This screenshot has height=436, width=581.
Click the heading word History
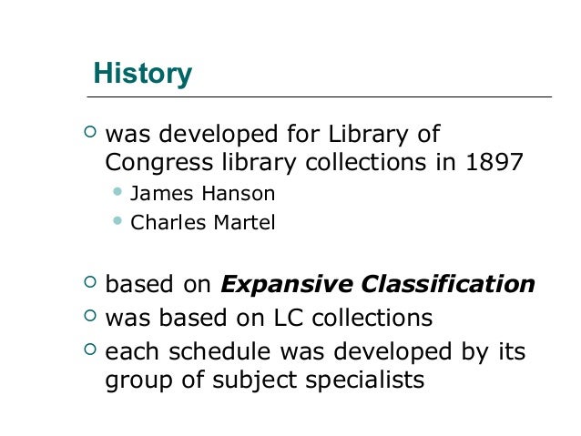coord(144,74)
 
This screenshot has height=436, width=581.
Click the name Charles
coord(163,222)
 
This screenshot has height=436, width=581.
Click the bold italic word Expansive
coord(286,285)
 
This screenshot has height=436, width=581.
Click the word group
coord(136,379)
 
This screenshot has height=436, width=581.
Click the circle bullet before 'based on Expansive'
coord(88,283)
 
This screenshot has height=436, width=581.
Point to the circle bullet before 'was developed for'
coord(88,134)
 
